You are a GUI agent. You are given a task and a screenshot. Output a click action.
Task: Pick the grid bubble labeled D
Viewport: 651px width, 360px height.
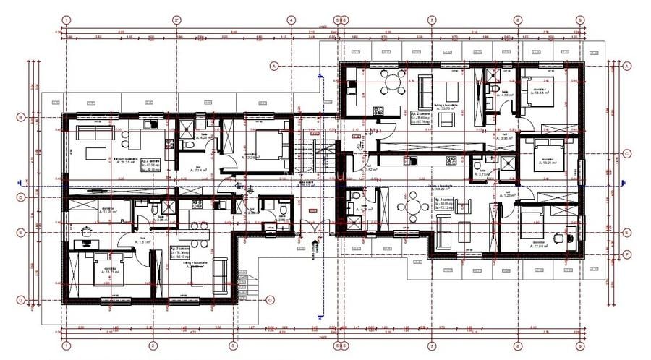(x=22, y=197)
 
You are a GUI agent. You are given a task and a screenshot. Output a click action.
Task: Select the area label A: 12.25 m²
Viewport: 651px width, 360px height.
(x=250, y=157)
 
